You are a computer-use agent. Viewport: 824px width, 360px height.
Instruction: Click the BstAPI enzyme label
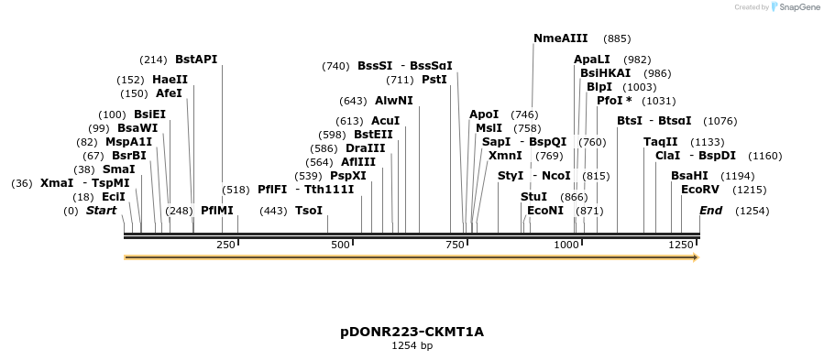pyautogui.click(x=196, y=60)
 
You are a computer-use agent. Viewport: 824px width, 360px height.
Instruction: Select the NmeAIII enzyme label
pyautogui.click(x=561, y=38)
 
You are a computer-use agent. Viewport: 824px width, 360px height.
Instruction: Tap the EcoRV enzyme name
pyautogui.click(x=700, y=190)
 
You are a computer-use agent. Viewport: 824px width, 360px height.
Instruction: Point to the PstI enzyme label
pyautogui.click(x=434, y=80)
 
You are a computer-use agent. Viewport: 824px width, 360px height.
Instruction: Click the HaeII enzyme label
pyautogui.click(x=170, y=80)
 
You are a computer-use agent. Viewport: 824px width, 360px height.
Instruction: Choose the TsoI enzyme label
pyautogui.click(x=309, y=210)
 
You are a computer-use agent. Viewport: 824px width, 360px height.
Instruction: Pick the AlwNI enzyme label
pyautogui.click(x=394, y=101)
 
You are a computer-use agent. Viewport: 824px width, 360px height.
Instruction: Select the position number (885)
pyautogui.click(x=617, y=38)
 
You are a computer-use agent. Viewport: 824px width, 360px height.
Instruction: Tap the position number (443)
pyautogui.click(x=274, y=211)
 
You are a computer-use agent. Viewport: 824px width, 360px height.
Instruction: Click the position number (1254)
pyautogui.click(x=752, y=211)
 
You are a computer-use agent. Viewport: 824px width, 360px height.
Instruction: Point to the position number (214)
pyautogui.click(x=153, y=60)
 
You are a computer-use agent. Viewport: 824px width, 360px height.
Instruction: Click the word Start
pyautogui.click(x=102, y=210)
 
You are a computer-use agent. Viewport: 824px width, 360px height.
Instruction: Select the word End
pyautogui.click(x=710, y=210)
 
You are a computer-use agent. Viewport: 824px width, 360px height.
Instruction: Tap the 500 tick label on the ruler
pyautogui.click(x=341, y=245)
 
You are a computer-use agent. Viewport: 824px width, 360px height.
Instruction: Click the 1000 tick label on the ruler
pyautogui.click(x=567, y=245)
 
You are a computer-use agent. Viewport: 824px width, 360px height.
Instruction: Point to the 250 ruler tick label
pyautogui.click(x=226, y=245)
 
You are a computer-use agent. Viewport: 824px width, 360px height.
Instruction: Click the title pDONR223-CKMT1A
pyautogui.click(x=412, y=333)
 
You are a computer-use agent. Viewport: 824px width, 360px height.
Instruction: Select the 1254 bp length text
pyautogui.click(x=412, y=346)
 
